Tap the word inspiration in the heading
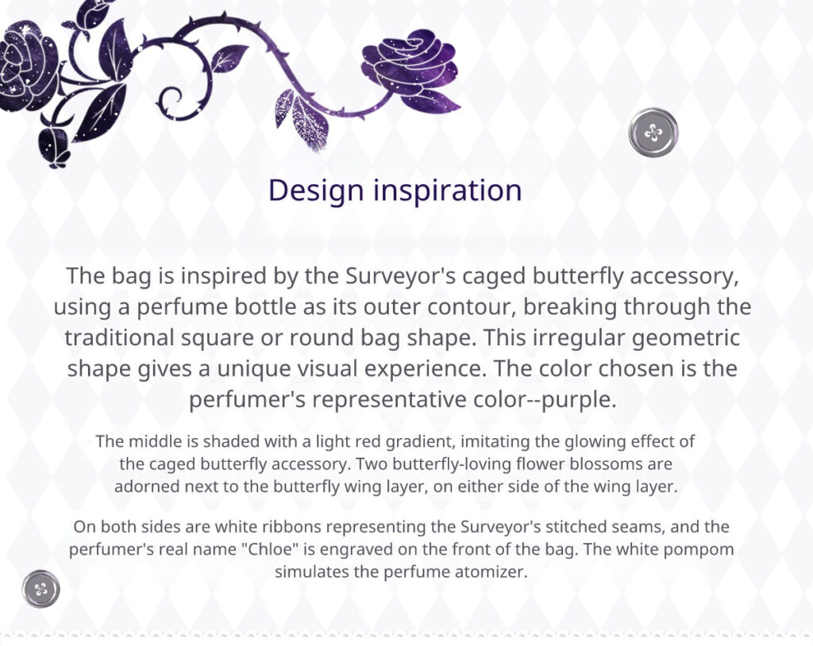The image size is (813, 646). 448,190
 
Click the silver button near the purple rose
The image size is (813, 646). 653,133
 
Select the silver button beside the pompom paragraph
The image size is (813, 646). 41,589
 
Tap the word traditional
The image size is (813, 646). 119,338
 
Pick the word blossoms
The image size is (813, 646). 607,463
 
